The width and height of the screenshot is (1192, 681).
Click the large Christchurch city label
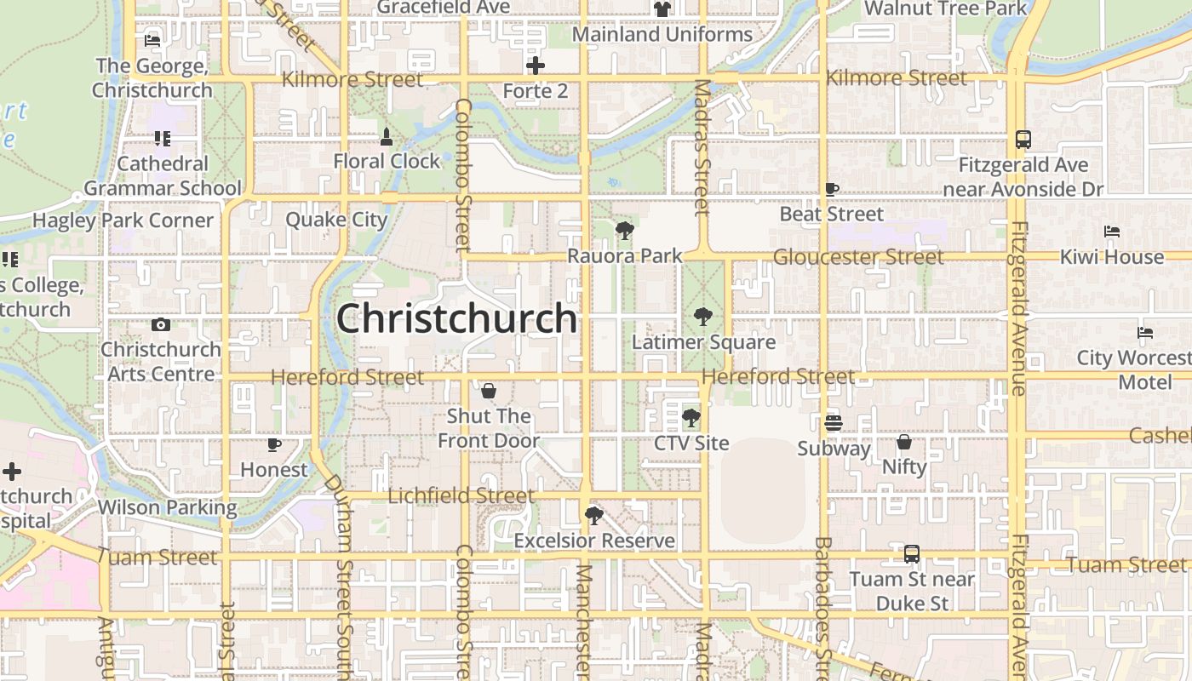click(x=457, y=318)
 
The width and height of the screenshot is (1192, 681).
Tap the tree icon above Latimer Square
click(x=703, y=317)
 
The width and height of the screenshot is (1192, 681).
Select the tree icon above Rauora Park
click(x=625, y=230)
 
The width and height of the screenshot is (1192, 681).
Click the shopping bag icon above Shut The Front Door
click(x=489, y=391)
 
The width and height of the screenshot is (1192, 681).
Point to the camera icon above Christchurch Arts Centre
click(x=160, y=324)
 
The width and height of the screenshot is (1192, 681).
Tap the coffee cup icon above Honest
click(x=273, y=444)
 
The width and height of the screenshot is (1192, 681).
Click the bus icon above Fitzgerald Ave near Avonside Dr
click(x=1023, y=139)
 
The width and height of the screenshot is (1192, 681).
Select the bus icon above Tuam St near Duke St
click(x=911, y=554)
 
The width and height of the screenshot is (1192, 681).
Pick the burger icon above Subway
click(x=834, y=422)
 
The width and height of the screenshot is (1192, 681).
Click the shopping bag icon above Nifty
click(x=904, y=442)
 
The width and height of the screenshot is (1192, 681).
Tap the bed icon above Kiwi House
click(x=1111, y=231)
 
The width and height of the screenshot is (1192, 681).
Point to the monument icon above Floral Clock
click(x=387, y=136)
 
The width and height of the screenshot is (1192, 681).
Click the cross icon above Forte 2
click(x=536, y=66)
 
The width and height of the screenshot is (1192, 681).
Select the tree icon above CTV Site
click(x=691, y=418)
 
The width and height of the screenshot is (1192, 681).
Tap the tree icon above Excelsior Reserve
click(x=594, y=515)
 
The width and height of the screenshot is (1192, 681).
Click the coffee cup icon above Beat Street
click(x=832, y=189)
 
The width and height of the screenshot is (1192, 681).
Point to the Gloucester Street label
click(x=858, y=256)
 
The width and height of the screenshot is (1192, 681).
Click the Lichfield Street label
click(x=461, y=495)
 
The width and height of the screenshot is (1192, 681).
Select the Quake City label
click(x=336, y=220)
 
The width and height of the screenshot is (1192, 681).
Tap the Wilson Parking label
click(x=167, y=507)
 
